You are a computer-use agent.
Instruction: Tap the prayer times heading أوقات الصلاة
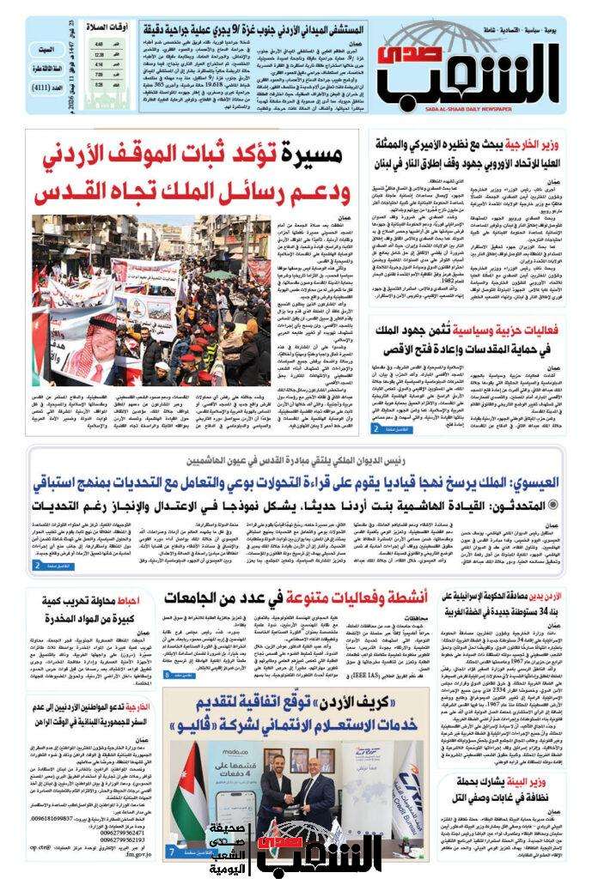coord(130,26)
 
